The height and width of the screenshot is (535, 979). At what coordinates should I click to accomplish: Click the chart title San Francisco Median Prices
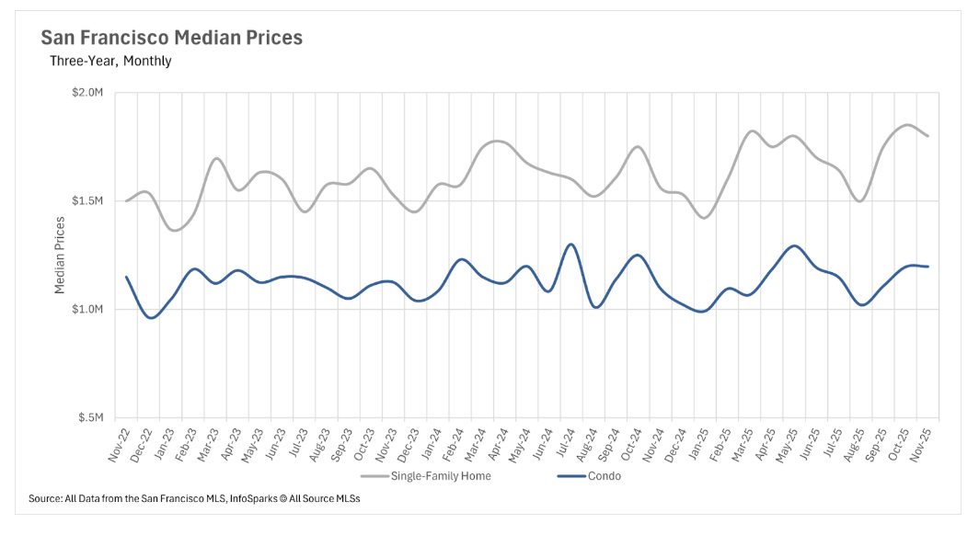click(171, 39)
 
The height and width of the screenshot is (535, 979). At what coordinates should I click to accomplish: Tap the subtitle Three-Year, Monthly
click(110, 62)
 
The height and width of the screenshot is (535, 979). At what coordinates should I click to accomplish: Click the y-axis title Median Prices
click(60, 255)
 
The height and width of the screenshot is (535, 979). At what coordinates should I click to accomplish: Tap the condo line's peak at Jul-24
click(571, 245)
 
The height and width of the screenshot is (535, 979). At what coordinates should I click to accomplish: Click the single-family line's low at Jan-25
click(705, 218)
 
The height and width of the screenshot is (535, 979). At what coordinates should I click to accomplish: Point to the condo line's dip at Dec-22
click(152, 318)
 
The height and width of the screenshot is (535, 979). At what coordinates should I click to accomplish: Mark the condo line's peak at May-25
click(793, 246)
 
